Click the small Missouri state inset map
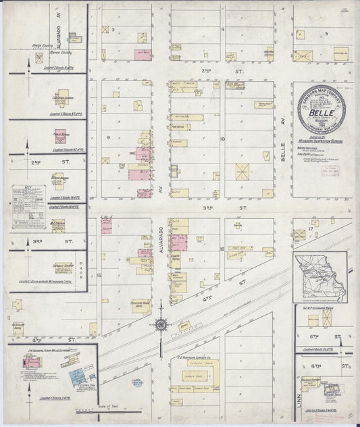[320, 277]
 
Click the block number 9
[108, 137]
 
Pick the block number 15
[99, 275]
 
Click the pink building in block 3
[142, 55]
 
